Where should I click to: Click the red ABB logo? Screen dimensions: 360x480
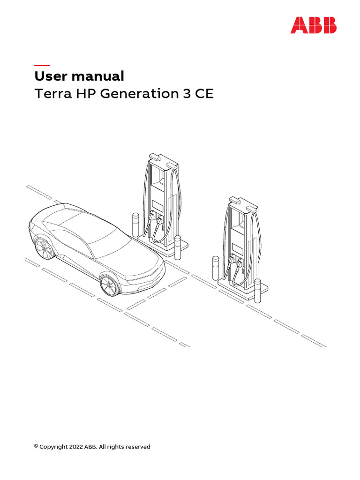pos(314,25)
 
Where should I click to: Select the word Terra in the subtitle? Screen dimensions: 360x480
pos(53,94)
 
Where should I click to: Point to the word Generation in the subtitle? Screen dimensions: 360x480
pos(140,94)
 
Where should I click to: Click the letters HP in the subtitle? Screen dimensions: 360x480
pos(86,94)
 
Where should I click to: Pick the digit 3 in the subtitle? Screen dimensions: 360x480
pos(187,94)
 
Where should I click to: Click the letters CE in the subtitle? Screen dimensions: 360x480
pos(204,94)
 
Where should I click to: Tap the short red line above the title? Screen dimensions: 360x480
pos(42,65)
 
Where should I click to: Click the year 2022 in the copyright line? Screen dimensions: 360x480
pos(76,447)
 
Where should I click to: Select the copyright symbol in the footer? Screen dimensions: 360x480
pos(36,446)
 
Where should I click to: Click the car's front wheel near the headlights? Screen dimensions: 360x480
pos(109,285)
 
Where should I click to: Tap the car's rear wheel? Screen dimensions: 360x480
pos(43,248)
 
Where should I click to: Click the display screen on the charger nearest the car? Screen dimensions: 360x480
pos(158,205)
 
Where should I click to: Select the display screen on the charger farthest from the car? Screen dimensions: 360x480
pos(238,248)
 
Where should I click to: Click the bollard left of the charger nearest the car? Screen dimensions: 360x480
pos(135,225)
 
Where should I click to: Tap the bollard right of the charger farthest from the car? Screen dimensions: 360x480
pos(258,291)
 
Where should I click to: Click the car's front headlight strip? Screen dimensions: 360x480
pos(144,276)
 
